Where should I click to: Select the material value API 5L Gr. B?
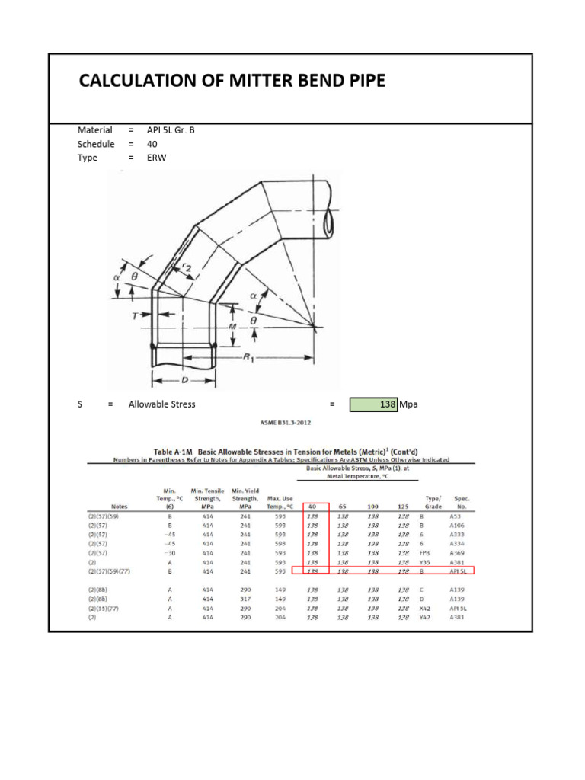point(171,130)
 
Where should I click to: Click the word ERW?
point(156,158)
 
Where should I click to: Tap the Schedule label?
point(96,144)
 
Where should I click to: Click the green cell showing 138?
point(373,404)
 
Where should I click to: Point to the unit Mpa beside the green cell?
point(409,404)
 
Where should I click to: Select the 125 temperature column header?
point(402,506)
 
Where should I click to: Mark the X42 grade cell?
point(433,608)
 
